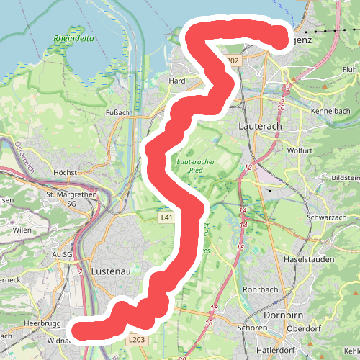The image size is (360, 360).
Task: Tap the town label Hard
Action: click(x=177, y=81)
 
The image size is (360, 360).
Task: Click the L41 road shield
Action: click(x=167, y=217)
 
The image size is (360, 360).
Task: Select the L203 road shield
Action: click(x=137, y=340)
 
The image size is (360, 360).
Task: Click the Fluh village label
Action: click(x=349, y=69)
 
